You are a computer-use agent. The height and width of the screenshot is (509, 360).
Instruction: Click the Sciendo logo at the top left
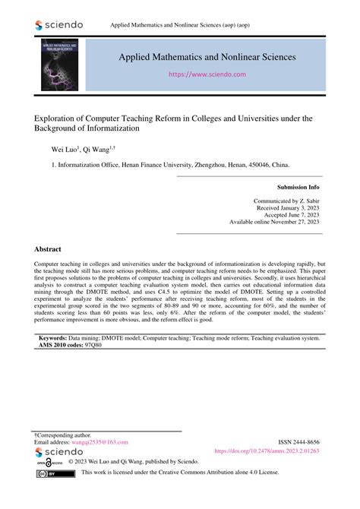tap(60, 25)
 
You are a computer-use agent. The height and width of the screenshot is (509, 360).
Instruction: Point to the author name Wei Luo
tap(64, 151)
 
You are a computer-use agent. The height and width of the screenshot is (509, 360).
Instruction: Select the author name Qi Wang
tap(96, 151)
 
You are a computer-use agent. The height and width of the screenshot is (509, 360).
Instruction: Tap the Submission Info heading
tap(298, 186)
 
